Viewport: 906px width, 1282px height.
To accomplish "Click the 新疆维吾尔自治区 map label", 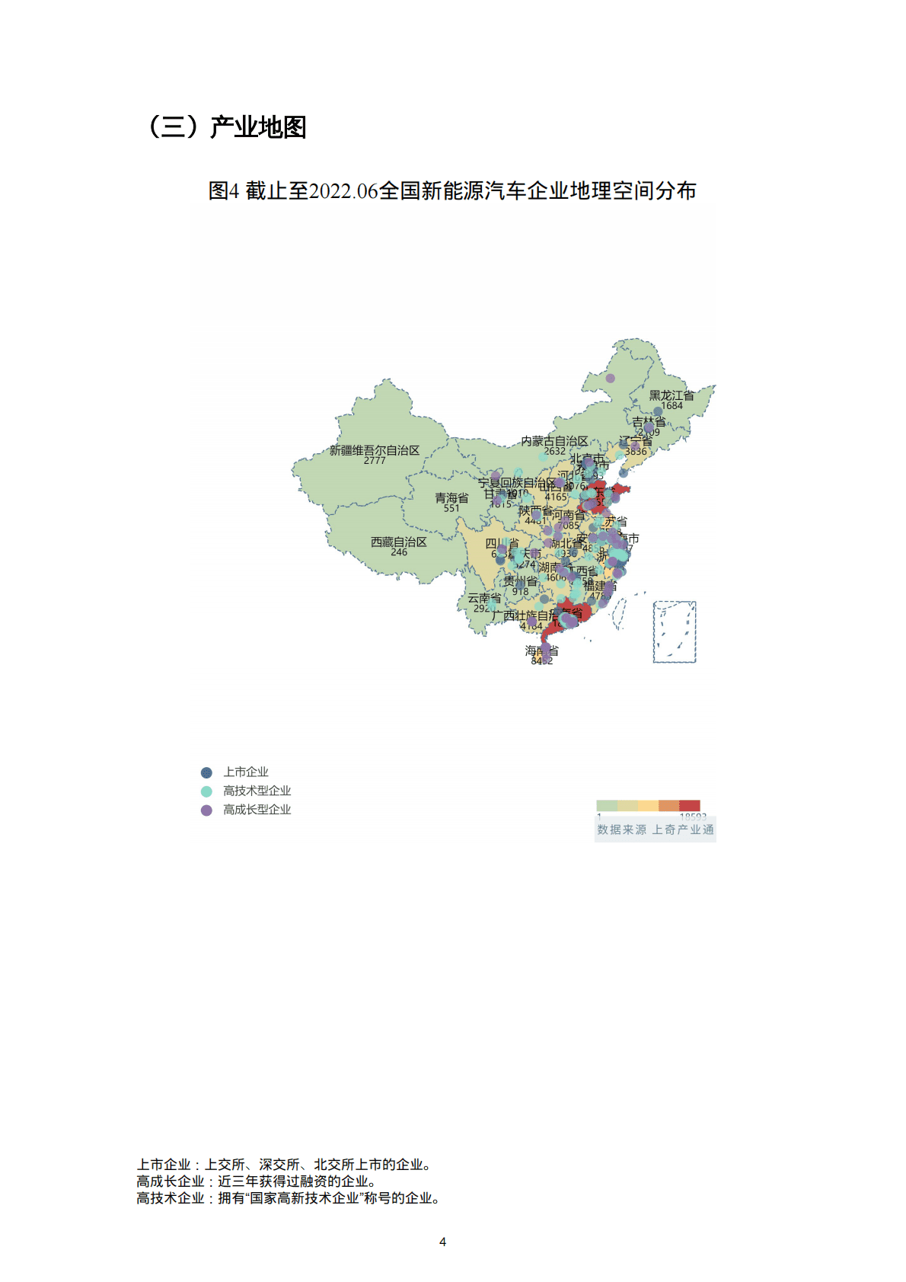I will coord(374,450).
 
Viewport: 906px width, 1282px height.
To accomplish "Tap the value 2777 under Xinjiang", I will coord(374,461).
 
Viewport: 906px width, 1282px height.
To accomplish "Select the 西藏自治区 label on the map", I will coord(398,542).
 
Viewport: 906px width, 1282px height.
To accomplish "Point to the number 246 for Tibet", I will coord(399,552).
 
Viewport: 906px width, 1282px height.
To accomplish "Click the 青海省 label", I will coord(451,498).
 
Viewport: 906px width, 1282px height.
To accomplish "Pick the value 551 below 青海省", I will coord(451,508).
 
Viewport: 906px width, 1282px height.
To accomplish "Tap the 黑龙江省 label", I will coord(672,395).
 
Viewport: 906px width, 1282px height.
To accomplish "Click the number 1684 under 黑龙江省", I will coord(672,406).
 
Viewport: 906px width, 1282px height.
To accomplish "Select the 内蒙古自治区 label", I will coord(554,441).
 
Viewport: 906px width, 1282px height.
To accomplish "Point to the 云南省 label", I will coord(484,598).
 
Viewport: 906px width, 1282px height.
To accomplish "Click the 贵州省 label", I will coord(520,580).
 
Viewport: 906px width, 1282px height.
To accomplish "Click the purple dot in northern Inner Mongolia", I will coord(610,378).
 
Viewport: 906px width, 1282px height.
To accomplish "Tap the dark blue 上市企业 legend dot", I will coord(206,772).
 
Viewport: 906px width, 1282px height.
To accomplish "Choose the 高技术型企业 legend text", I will coord(257,791).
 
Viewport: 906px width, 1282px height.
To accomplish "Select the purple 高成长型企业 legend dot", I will coord(206,810).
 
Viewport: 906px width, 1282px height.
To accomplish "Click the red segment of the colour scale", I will coord(689,805).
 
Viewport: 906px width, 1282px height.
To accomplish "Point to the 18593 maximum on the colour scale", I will coord(692,817).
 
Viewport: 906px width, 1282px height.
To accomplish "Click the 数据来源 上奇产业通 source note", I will coord(656,830).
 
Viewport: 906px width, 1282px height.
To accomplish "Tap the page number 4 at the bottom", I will coord(443,1242).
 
